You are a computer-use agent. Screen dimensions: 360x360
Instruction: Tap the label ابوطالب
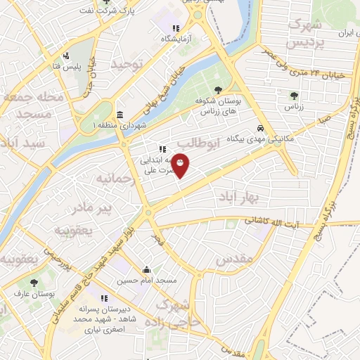pyautogui.click(x=220, y=143)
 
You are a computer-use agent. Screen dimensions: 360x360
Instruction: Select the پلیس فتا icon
pyautogui.click(x=66, y=56)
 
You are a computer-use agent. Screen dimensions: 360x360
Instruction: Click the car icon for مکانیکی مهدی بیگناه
pyautogui.click(x=260, y=129)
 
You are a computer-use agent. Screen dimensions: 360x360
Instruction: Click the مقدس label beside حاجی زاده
pyautogui.click(x=234, y=259)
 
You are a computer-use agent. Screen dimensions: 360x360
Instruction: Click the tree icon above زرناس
pyautogui.click(x=294, y=96)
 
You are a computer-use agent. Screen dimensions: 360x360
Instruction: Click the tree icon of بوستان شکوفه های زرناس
pyautogui.click(x=220, y=90)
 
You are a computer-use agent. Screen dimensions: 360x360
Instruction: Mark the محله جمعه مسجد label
pyautogui.click(x=32, y=105)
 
